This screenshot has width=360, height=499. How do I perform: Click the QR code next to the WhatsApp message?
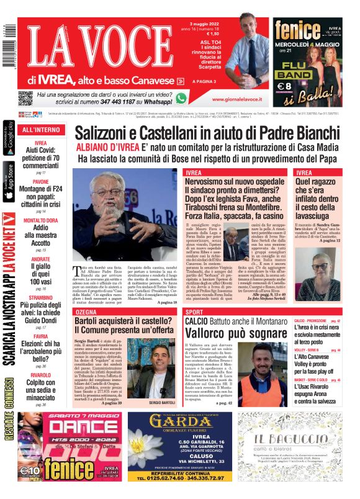pyautogui.click(x=25, y=98)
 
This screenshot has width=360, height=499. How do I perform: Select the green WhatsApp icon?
pyautogui.click(x=181, y=98)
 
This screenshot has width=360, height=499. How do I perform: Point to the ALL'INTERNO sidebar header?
pyautogui.click(x=41, y=130)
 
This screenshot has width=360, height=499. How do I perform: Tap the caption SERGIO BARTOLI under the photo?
pyautogui.click(x=163, y=385)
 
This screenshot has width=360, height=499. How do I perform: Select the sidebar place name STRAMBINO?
pyautogui.click(x=41, y=297)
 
